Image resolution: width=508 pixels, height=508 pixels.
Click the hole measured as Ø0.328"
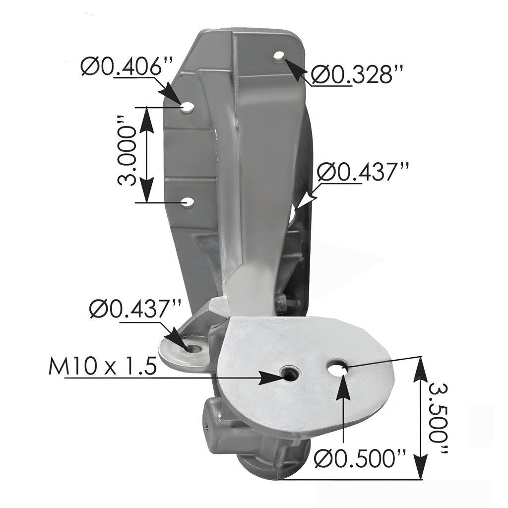click(279, 57)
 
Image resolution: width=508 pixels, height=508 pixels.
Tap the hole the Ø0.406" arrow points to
click(188, 107)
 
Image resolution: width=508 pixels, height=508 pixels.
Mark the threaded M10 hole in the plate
click(288, 373)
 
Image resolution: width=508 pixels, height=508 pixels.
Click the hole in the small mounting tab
click(194, 349)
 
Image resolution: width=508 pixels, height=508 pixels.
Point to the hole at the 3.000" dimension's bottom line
click(188, 202)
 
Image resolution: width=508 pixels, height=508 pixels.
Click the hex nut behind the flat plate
click(281, 303)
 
